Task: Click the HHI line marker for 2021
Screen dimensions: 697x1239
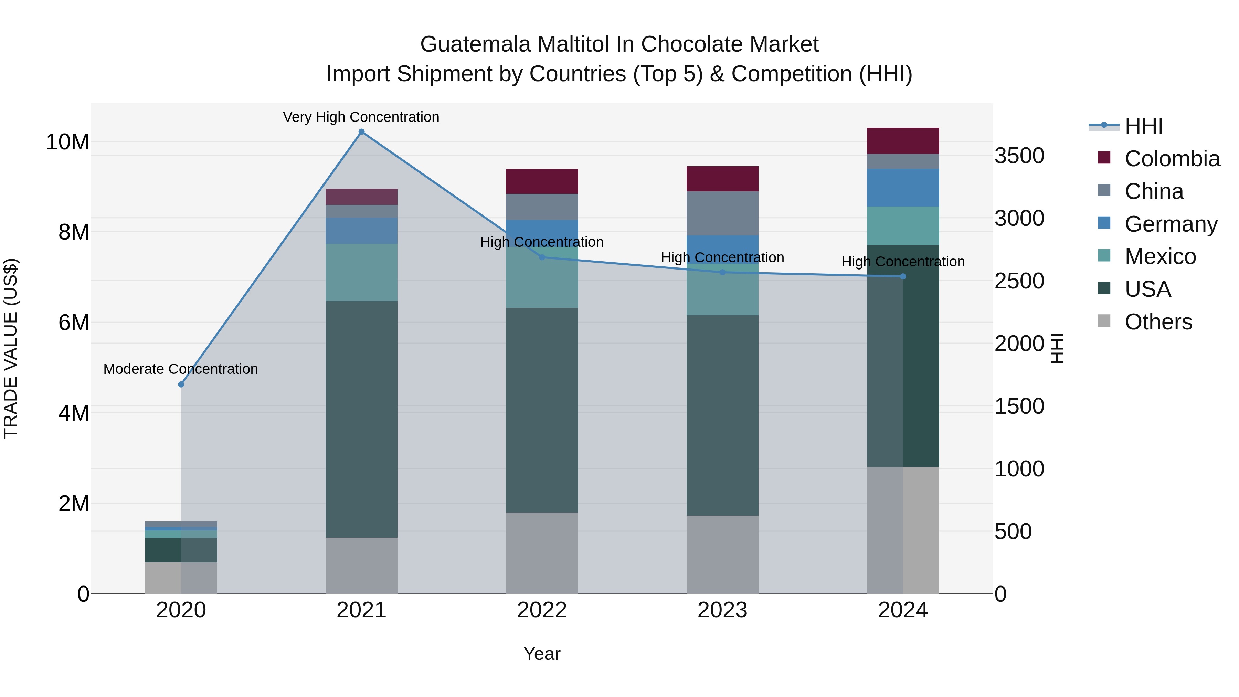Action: click(361, 132)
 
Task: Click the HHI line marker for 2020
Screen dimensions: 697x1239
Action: click(181, 384)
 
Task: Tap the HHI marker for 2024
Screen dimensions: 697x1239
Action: click(902, 277)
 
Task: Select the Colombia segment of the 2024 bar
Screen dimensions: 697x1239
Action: click(902, 141)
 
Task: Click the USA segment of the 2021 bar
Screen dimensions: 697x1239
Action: click(361, 419)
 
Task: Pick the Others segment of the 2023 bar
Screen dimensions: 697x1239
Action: click(722, 554)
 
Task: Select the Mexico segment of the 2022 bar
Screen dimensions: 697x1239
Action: click(542, 284)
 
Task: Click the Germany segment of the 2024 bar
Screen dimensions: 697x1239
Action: click(902, 188)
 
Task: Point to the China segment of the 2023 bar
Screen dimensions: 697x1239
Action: click(722, 213)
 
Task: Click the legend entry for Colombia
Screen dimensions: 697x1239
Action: click(1171, 159)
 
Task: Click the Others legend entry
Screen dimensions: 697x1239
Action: click(1158, 322)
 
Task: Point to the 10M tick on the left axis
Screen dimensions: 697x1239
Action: click(67, 142)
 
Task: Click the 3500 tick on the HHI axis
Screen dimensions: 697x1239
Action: click(1019, 156)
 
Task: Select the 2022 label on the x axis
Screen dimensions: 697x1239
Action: click(542, 610)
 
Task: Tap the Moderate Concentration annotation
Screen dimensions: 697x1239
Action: click(180, 369)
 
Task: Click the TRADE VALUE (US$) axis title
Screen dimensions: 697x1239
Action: click(11, 348)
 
